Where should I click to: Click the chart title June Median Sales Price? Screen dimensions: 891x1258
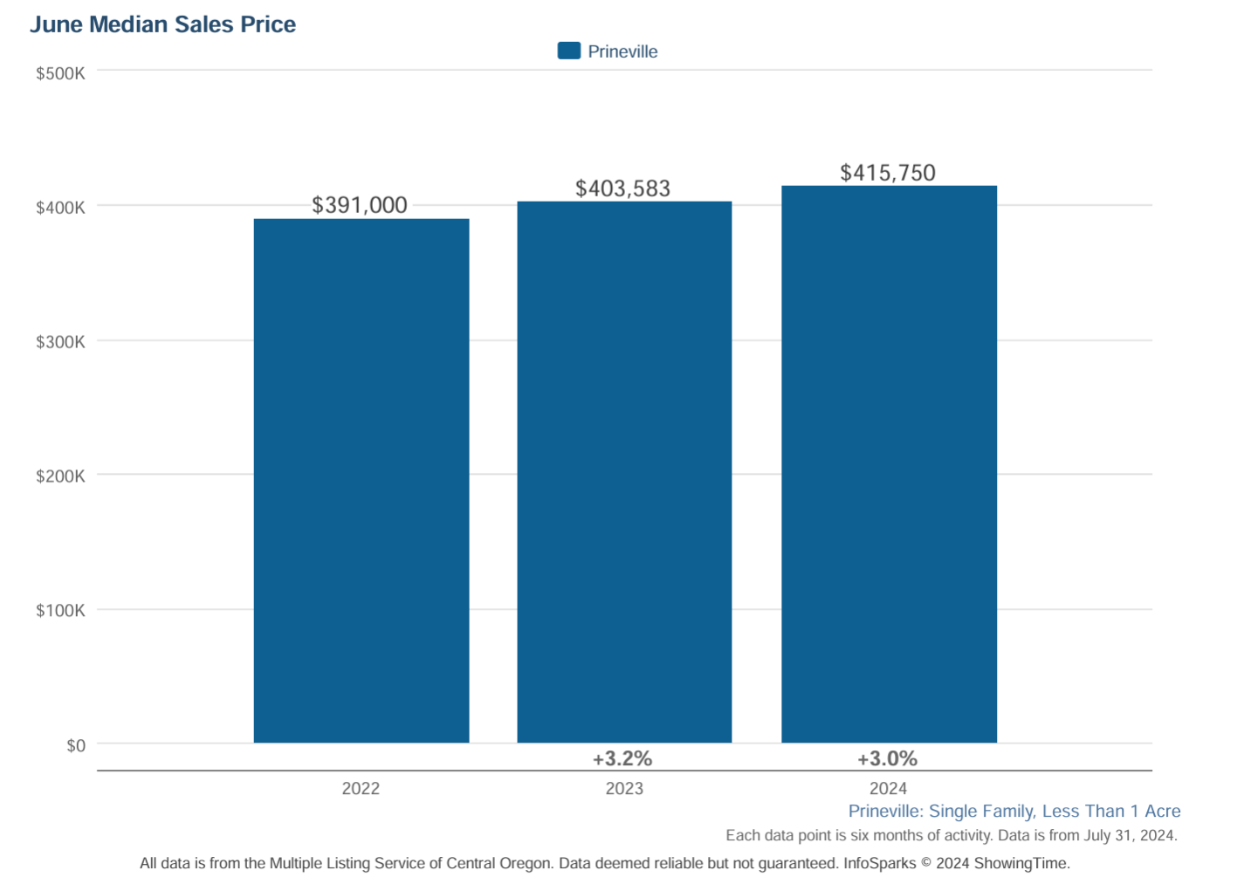point(163,24)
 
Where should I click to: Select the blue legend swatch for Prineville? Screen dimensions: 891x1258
point(569,51)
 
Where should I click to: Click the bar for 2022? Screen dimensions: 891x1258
point(361,480)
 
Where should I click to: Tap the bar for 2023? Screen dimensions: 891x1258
point(624,472)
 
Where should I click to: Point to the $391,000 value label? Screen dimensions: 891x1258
point(360,205)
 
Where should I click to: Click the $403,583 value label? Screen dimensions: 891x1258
point(622,188)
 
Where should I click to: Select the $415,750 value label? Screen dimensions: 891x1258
point(888,173)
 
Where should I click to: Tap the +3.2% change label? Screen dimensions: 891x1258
point(622,758)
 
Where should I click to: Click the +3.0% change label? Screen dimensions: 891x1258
point(887,758)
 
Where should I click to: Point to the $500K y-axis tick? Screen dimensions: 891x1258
point(60,73)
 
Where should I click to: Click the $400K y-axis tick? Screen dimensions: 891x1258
point(60,208)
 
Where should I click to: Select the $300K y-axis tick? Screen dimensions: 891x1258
point(60,342)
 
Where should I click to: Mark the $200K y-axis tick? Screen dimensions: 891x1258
point(60,476)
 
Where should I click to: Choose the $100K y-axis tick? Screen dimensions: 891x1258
point(60,611)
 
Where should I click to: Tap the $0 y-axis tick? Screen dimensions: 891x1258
point(76,745)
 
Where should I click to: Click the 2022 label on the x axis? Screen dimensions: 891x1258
point(361,789)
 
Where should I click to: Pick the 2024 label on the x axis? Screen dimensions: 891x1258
point(888,789)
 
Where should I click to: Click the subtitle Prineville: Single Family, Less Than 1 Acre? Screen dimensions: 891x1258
point(1014,812)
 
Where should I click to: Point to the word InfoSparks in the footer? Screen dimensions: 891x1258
point(879,864)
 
